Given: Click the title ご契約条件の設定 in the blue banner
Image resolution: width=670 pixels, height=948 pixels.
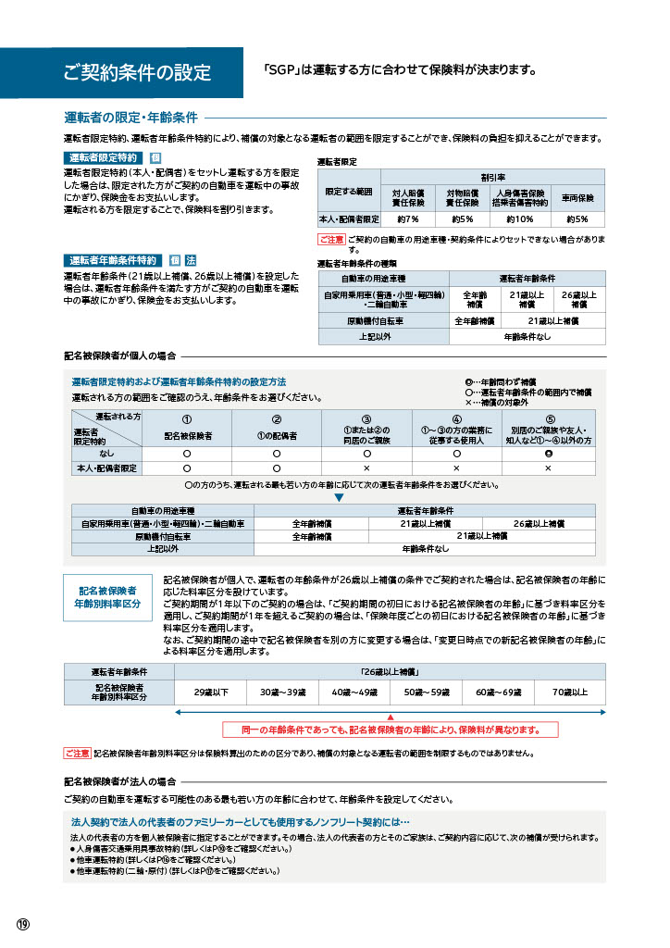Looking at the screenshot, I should point(137,73).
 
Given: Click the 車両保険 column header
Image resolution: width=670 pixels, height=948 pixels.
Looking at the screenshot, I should point(578,197).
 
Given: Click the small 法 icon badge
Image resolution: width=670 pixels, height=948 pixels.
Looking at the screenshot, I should point(190,259).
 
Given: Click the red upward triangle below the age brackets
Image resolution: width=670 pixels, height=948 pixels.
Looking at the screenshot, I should point(390,717).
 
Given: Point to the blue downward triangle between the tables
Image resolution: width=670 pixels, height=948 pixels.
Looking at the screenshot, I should point(339,497).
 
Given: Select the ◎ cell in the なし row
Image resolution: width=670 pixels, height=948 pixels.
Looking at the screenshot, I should point(548,454).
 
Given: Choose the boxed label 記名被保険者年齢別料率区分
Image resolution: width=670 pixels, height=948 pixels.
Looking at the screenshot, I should point(107,596).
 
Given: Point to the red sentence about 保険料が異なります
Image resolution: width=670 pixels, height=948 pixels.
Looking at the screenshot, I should point(390,729).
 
